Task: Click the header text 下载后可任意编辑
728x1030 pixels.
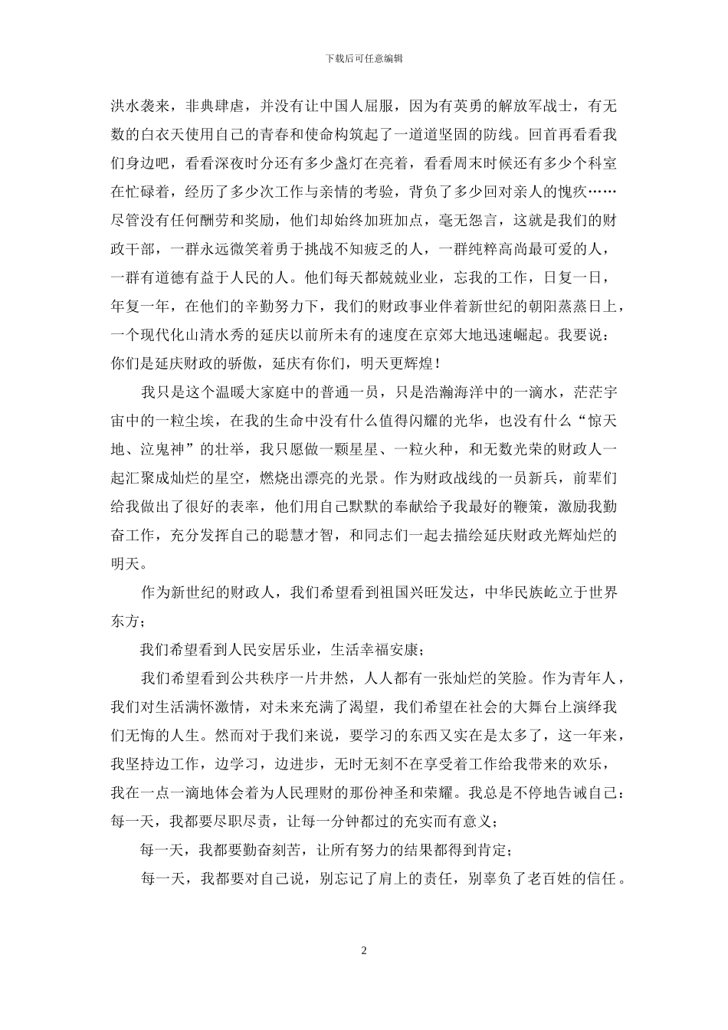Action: coord(364,57)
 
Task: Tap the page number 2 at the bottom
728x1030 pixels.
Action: coord(364,951)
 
